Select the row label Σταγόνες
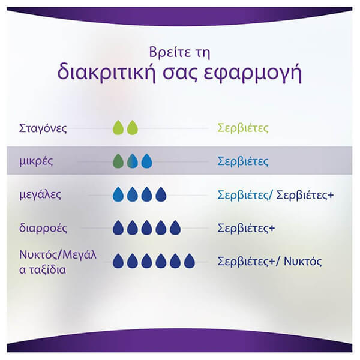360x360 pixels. (x=43, y=128)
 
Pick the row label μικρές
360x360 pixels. (x=36, y=161)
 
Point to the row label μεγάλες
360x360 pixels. (x=40, y=195)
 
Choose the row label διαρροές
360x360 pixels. (x=43, y=228)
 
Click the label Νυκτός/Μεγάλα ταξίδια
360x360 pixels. (x=58, y=262)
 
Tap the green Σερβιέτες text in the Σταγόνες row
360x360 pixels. (x=243, y=128)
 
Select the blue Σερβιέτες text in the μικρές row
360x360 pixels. (x=243, y=161)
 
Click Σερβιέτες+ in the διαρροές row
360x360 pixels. (x=246, y=228)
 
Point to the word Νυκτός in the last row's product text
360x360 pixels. (x=302, y=261)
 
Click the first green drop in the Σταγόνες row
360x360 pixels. (x=118, y=128)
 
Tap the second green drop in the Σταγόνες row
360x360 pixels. (x=133, y=128)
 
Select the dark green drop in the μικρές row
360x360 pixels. (x=118, y=161)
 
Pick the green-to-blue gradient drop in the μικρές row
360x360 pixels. (x=133, y=161)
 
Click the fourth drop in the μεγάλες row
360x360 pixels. (x=161, y=194)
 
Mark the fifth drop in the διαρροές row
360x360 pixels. (x=175, y=228)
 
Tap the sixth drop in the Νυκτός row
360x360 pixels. (x=190, y=261)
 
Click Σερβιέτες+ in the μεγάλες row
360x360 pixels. (x=305, y=195)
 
